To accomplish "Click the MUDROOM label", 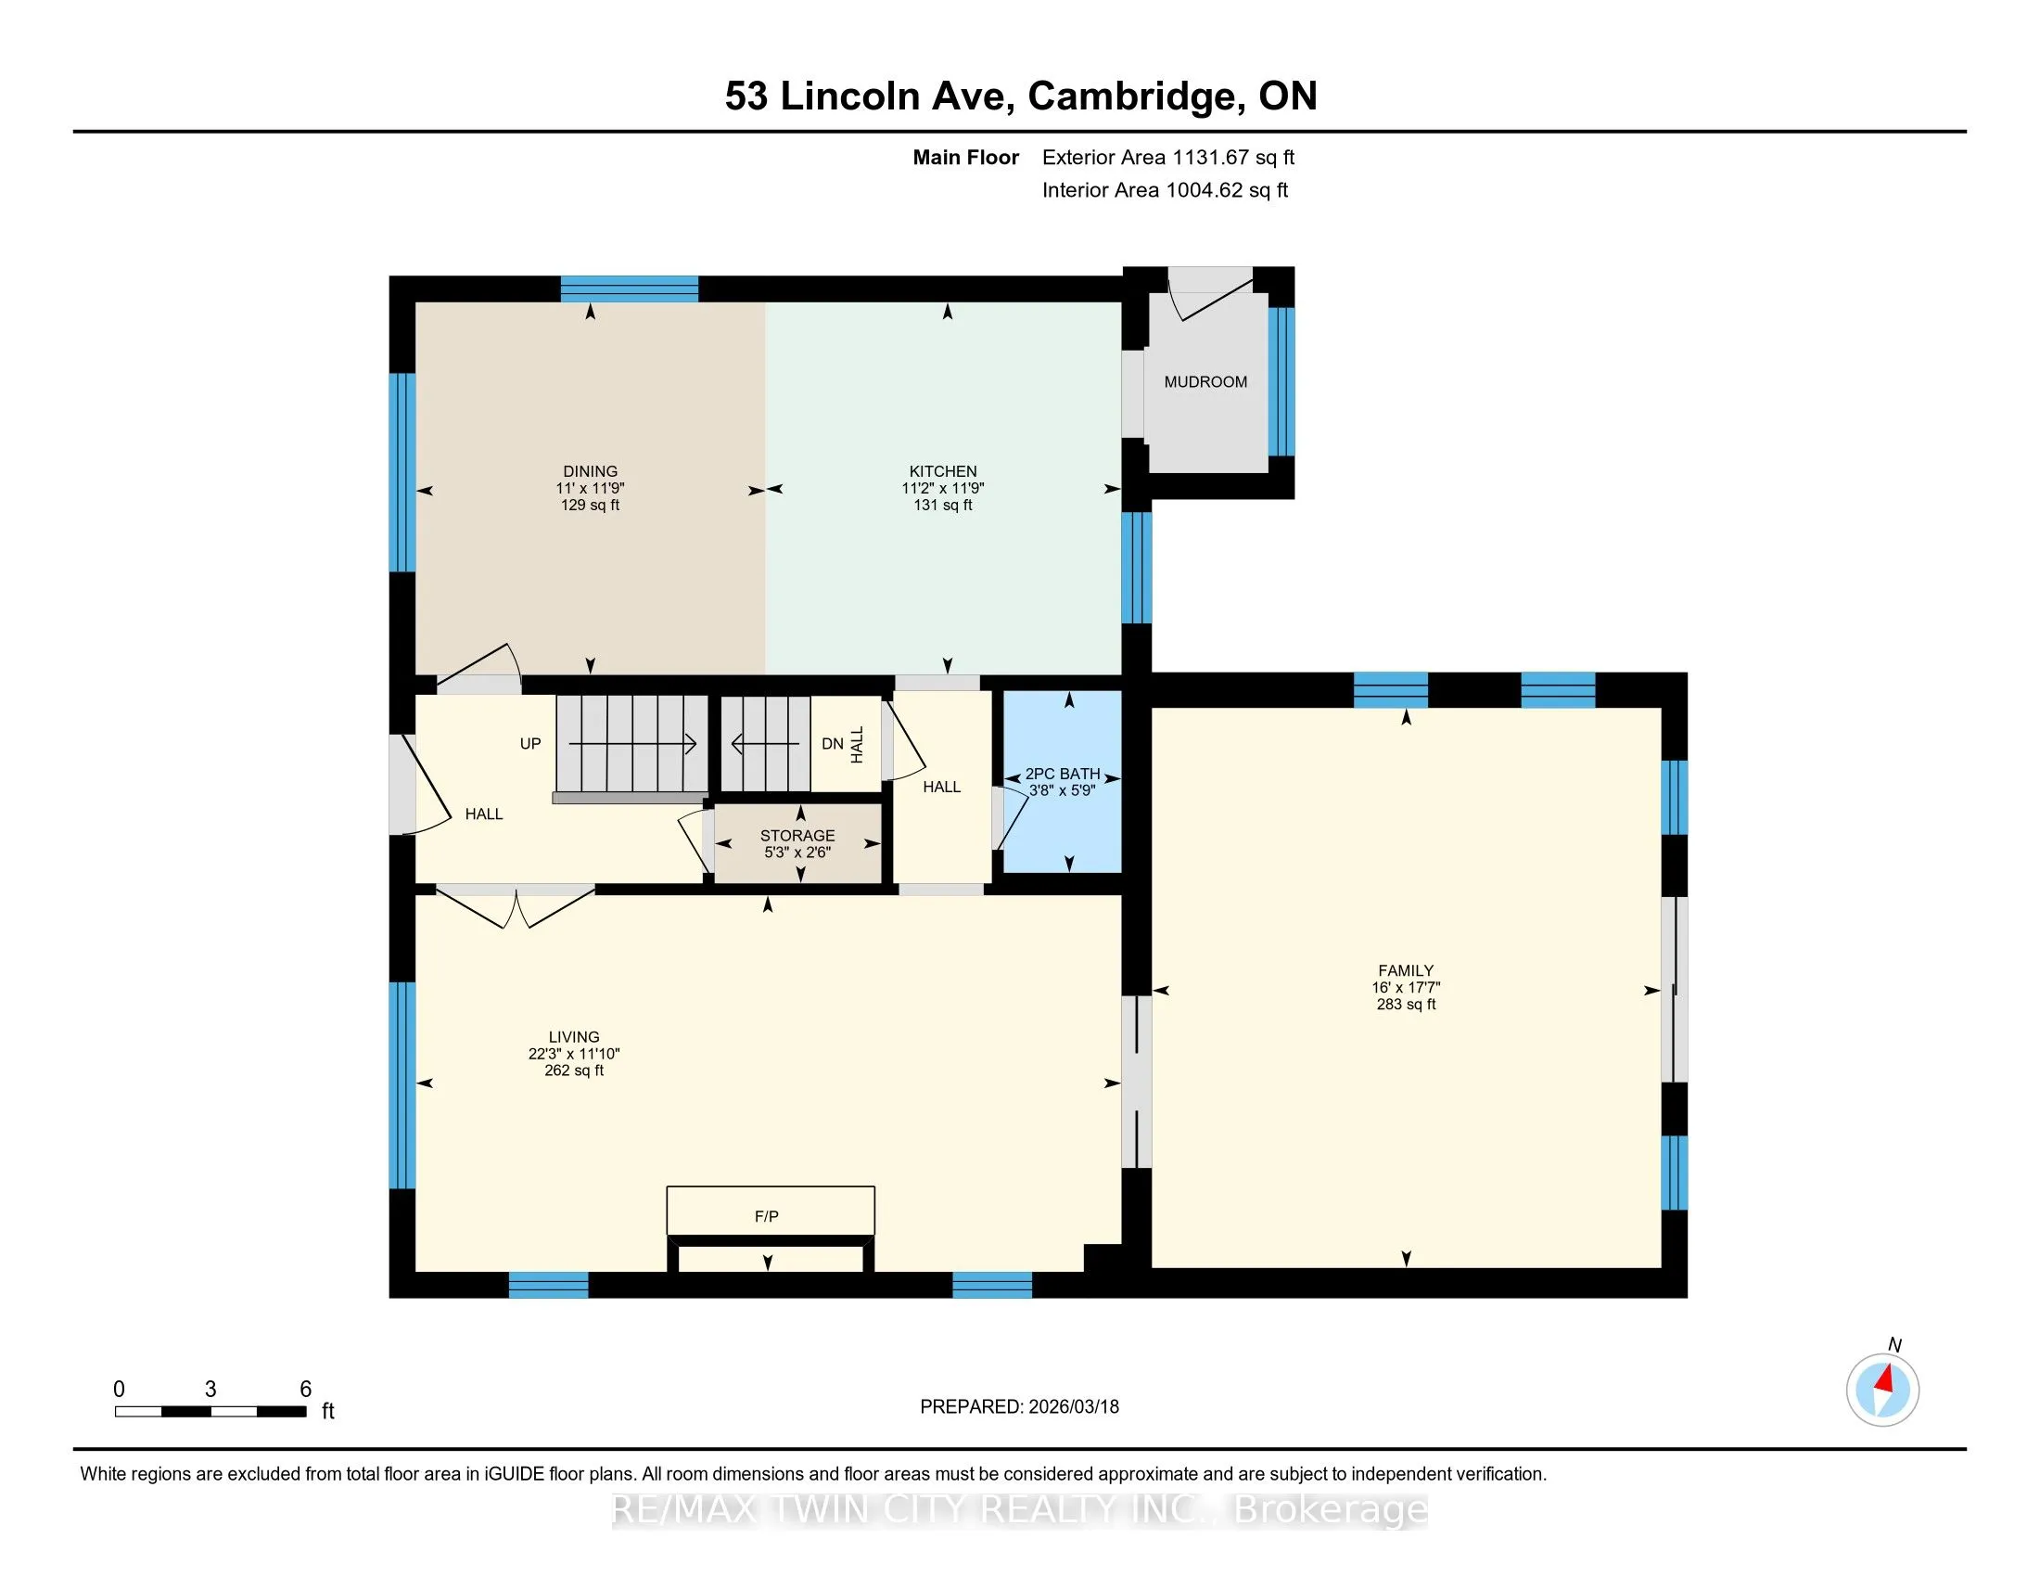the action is tap(1205, 382).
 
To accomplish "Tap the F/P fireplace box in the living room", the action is tap(771, 1210).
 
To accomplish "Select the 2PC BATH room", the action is tap(1062, 782).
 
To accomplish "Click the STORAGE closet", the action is tap(797, 842).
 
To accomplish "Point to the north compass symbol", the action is tap(1882, 1390).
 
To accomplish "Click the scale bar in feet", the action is tap(211, 1411).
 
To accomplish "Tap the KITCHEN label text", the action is tap(943, 472).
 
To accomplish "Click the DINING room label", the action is tap(591, 472).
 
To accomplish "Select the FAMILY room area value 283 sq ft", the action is tap(1406, 1005).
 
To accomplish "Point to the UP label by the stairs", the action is tap(530, 744).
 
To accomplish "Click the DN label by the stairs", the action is tap(833, 744).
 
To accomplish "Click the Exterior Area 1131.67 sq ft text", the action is tap(1168, 158).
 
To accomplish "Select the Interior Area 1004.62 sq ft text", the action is tap(1165, 190).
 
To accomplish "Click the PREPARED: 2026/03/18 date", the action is tap(1019, 1407).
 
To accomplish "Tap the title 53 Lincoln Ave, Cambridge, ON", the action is tap(1021, 96).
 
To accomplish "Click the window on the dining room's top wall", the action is tap(630, 288).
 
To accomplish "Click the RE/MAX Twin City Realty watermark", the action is tap(1020, 1509).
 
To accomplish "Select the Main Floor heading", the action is tap(966, 158).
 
